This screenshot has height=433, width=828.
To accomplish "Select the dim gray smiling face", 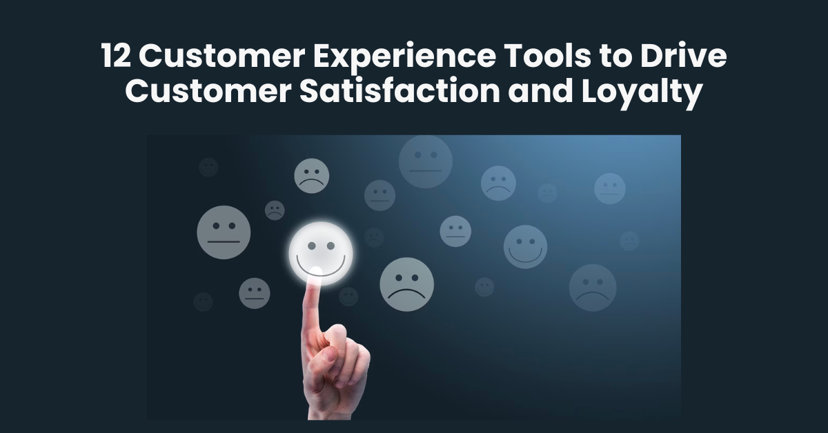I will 525,247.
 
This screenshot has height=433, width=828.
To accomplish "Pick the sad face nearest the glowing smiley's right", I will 406,284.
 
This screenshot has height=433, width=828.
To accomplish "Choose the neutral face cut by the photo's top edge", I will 425,161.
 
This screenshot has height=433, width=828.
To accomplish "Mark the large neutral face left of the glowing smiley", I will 224,232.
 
